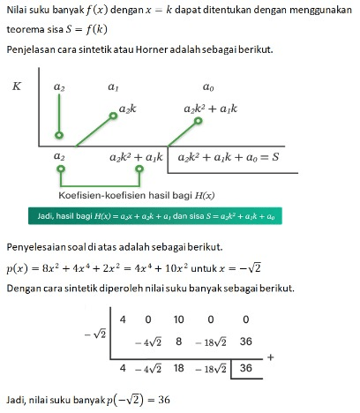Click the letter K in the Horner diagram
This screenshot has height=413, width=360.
tap(17, 86)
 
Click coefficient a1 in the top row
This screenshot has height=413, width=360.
tap(113, 88)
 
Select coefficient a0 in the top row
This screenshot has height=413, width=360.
tap(208, 88)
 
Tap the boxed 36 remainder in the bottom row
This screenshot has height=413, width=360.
tap(245, 367)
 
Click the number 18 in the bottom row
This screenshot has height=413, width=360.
tap(176, 367)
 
